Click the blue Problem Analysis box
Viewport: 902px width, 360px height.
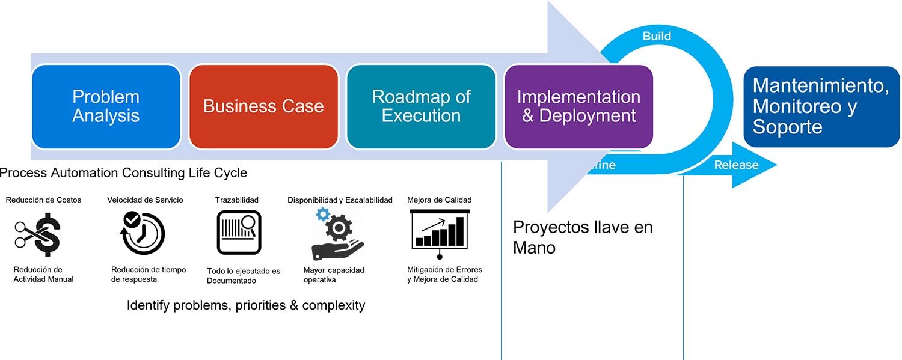tap(106, 106)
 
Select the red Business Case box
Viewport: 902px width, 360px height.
tap(263, 106)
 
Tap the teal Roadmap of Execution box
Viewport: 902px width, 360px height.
tap(421, 106)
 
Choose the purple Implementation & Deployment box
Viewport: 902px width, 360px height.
tap(578, 106)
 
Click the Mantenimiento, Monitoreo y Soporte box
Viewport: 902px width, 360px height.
tap(821, 106)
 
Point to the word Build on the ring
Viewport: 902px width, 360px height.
tap(657, 36)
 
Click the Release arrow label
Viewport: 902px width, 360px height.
tap(736, 165)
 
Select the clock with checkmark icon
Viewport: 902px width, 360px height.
tap(143, 233)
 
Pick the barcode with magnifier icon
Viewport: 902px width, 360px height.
tap(239, 233)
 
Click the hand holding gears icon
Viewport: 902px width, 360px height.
tap(337, 233)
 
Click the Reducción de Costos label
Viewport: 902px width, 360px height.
tap(43, 200)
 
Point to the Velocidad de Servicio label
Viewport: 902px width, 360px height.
tap(145, 200)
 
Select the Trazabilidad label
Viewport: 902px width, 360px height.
tap(237, 200)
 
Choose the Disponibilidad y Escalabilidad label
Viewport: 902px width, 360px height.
tap(340, 200)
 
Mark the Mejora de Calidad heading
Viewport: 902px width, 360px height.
tap(439, 200)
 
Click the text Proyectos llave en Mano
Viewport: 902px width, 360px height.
tap(582, 237)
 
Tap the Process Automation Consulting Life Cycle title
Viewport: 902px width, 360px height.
tap(123, 173)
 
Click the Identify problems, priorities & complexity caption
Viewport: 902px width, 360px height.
tap(246, 305)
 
